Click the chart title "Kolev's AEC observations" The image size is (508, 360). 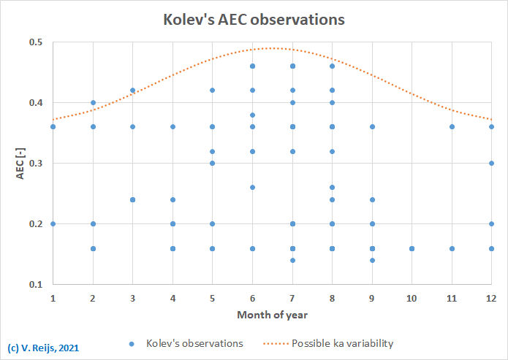click(x=254, y=20)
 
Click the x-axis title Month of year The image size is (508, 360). click(x=272, y=315)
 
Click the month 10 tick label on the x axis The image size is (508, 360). click(x=412, y=298)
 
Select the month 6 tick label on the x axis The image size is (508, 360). click(x=252, y=298)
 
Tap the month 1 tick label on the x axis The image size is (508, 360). click(x=53, y=298)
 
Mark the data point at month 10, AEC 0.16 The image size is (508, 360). click(x=412, y=248)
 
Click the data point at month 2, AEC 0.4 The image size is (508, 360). click(x=93, y=103)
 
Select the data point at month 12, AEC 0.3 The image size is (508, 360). click(x=491, y=164)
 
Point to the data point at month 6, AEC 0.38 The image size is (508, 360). click(x=252, y=115)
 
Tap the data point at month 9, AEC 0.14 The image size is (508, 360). click(x=372, y=260)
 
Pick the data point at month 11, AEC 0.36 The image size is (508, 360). click(x=452, y=127)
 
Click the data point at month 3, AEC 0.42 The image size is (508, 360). click(x=132, y=91)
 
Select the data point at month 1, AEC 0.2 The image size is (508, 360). click(x=53, y=224)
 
